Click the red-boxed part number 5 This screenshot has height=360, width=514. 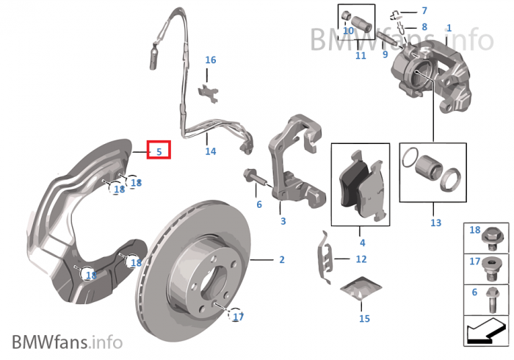pyautogui.click(x=159, y=151)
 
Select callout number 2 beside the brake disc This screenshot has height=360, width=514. pyautogui.click(x=281, y=260)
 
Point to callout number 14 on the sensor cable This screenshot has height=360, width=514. pyautogui.click(x=211, y=151)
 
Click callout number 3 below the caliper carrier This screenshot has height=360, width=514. pyautogui.click(x=283, y=220)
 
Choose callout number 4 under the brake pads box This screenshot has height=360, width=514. pyautogui.click(x=361, y=242)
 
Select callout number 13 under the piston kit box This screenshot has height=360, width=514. pyautogui.click(x=435, y=223)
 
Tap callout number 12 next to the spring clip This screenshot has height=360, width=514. pyautogui.click(x=361, y=259)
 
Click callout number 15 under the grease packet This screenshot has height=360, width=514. pyautogui.click(x=364, y=318)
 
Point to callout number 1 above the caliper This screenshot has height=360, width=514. pyautogui.click(x=448, y=27)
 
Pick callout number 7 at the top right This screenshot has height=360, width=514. pyautogui.click(x=424, y=11)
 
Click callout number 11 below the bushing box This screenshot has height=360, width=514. pyautogui.click(x=360, y=55)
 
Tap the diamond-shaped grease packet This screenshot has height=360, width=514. pyautogui.click(x=363, y=288)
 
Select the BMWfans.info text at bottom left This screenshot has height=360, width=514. pyautogui.click(x=67, y=342)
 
